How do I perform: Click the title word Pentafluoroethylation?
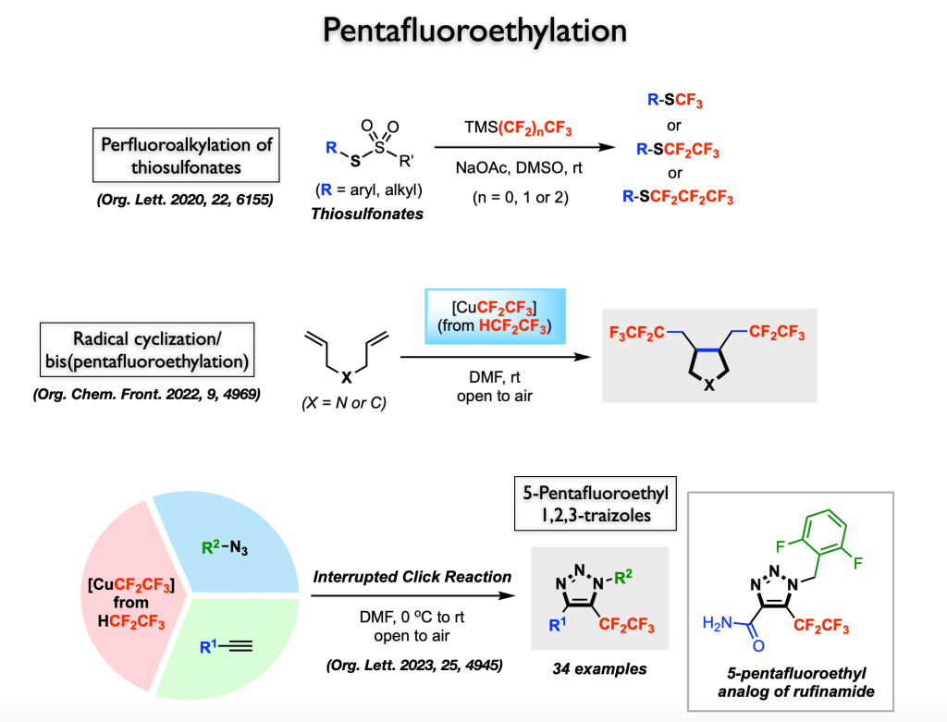coord(473,30)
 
